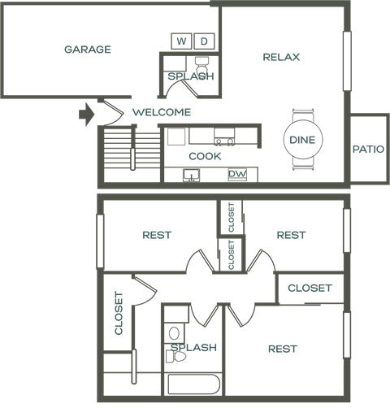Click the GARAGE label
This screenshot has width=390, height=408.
click(88, 50)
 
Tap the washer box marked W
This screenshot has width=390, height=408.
click(180, 41)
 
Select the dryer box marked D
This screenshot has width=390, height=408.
click(204, 41)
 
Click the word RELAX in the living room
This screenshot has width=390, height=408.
click(282, 57)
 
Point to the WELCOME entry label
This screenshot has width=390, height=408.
click(162, 112)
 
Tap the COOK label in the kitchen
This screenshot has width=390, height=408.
click(205, 156)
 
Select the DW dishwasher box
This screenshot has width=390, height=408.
click(236, 174)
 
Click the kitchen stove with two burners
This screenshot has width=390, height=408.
click(224, 141)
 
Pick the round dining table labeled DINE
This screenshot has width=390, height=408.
click(301, 141)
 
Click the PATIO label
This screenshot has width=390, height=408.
click(368, 150)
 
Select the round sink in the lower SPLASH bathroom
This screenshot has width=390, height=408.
click(173, 333)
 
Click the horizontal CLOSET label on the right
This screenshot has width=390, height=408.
click(310, 288)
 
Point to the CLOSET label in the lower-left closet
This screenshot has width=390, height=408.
click(119, 313)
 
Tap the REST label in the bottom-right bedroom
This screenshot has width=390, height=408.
click(282, 349)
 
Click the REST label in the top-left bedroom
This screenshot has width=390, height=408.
click(157, 235)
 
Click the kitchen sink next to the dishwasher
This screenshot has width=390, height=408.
click(191, 174)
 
